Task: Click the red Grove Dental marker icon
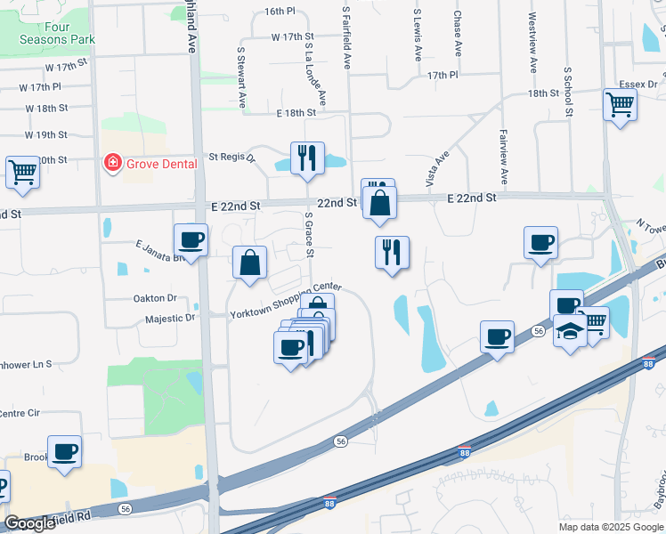[x=112, y=163]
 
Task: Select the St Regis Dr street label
[x=231, y=157]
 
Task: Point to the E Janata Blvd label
[x=160, y=246]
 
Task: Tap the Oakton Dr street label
[x=155, y=298]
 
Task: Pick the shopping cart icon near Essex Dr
[x=620, y=104]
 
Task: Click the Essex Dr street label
[x=638, y=85]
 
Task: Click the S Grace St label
[x=310, y=234]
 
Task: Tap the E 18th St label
[x=296, y=113]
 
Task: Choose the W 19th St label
[x=46, y=135]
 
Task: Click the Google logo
[x=29, y=523]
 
